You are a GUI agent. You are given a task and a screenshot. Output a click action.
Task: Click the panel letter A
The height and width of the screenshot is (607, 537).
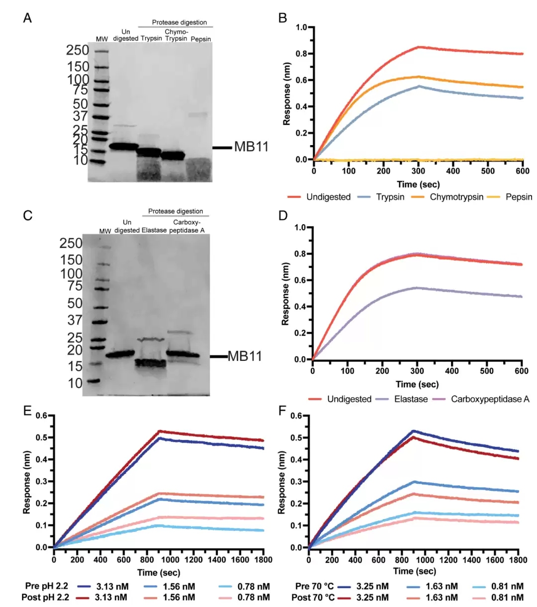27,18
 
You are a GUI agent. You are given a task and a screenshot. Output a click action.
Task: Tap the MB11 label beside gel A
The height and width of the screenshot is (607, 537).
251,147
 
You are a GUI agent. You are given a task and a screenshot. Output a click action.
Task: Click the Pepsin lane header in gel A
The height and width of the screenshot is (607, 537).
201,39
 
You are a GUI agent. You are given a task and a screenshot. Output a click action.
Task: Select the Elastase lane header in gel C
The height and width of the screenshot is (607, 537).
154,230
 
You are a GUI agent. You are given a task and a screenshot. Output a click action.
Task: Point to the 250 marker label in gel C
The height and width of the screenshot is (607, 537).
71,243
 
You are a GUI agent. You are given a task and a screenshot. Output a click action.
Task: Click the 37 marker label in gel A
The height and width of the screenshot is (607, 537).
81,116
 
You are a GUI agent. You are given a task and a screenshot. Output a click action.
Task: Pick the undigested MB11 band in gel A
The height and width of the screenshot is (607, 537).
124,146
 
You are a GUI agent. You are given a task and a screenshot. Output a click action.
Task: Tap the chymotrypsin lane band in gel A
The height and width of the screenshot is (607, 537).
173,156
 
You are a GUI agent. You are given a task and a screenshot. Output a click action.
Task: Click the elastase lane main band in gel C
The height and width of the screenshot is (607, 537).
151,363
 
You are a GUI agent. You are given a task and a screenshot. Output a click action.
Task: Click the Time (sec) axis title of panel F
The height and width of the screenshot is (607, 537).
415,571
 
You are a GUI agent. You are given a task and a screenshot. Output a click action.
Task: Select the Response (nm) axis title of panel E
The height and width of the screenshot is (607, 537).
27,482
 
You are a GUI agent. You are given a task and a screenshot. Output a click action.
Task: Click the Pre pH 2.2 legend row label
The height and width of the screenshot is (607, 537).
47,586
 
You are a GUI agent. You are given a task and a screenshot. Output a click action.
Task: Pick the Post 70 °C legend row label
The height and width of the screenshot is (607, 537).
313,598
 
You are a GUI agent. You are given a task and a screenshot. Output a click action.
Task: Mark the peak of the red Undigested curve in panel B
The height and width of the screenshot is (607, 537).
419,47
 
